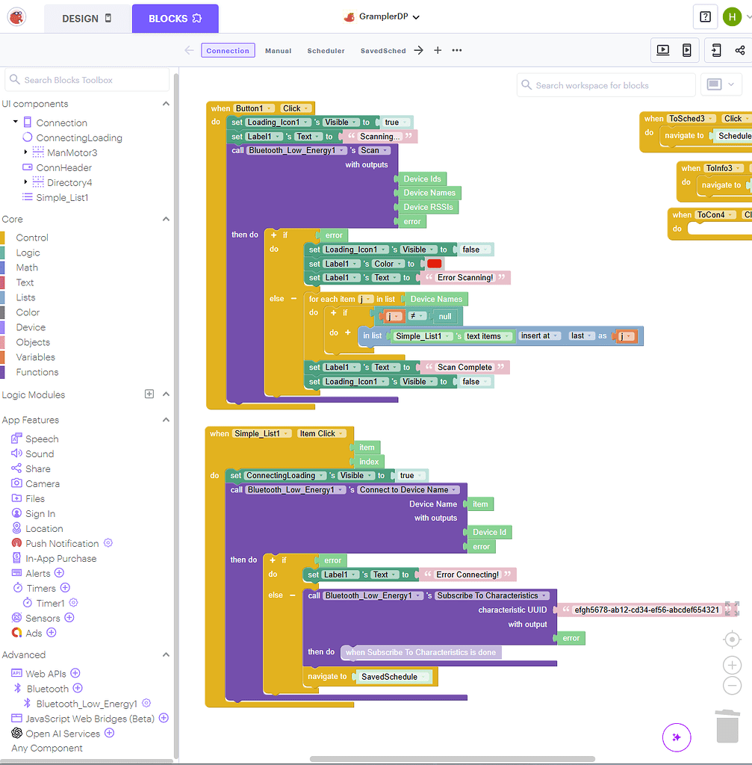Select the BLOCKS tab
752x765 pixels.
tap(175, 19)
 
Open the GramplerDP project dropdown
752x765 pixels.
tap(382, 17)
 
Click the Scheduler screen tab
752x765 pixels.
tap(326, 51)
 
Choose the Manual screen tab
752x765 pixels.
tap(278, 51)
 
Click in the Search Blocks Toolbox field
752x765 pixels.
tap(88, 80)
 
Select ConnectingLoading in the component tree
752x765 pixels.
tap(78, 137)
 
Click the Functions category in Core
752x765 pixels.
tap(37, 372)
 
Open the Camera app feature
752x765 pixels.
tap(42, 483)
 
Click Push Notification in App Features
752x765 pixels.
tap(61, 543)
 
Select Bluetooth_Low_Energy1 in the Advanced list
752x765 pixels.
tap(87, 703)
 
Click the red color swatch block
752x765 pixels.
tap(434, 264)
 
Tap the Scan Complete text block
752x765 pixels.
tap(464, 367)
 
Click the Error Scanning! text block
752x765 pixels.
tap(464, 278)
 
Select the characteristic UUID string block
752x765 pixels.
tap(646, 610)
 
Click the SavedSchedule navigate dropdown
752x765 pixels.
tap(393, 677)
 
